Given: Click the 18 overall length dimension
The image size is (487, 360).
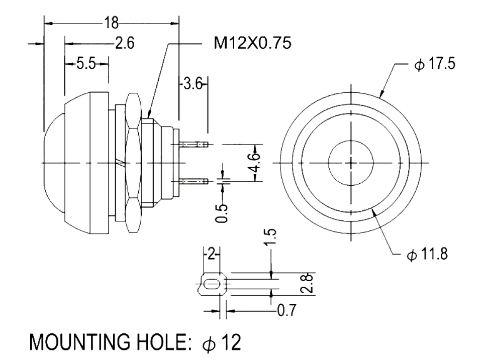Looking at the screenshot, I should (111, 23).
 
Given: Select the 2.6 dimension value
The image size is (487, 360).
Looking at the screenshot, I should (124, 44).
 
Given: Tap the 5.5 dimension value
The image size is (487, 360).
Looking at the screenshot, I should (86, 64).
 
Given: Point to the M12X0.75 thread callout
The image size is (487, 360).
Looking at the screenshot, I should (252, 44).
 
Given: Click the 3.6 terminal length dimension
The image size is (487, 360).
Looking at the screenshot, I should (192, 84).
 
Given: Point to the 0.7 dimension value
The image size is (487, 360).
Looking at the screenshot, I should (286, 311).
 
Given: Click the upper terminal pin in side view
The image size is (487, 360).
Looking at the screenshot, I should (193, 145).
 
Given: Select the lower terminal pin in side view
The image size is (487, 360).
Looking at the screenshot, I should (193, 180).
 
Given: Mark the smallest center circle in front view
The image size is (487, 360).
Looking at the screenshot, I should (350, 162).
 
